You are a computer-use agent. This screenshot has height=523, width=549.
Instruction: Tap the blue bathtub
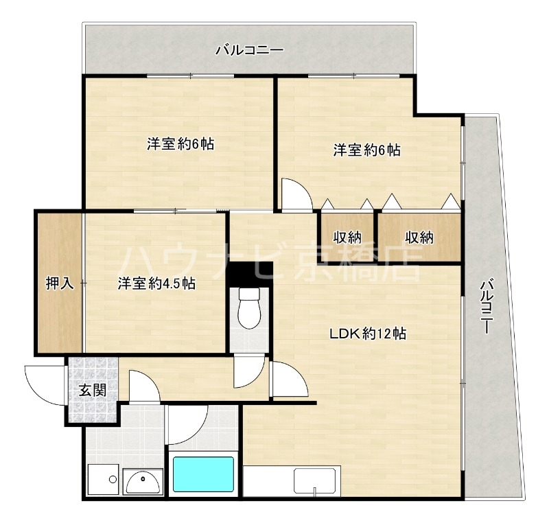pos(203,474)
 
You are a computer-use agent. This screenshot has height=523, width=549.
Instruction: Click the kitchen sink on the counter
pos(317,480)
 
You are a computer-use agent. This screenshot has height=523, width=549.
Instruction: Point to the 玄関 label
pos(92,391)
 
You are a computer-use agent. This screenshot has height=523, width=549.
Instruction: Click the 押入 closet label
pos(60,283)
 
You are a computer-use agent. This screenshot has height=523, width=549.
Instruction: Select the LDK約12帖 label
pos(368,334)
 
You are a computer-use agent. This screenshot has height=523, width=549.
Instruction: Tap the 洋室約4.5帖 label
pos(156,283)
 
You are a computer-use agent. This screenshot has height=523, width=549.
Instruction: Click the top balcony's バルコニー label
pos(249,50)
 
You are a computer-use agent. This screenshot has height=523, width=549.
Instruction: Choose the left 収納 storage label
pos(347,237)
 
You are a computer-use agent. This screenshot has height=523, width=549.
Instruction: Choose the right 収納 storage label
pos(419,237)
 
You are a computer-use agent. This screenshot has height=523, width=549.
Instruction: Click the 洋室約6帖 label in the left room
pos(180,145)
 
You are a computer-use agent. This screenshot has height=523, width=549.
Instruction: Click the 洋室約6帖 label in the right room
pos(367,150)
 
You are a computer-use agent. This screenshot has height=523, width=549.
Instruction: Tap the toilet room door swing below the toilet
pos(246,373)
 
